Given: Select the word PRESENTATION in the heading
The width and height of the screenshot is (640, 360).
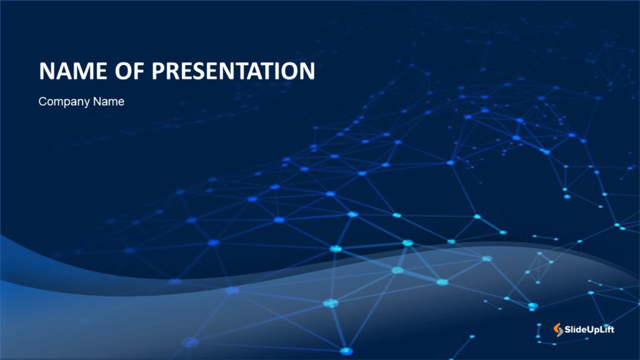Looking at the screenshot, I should (234, 71).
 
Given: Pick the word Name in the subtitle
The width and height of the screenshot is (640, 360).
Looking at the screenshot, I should (109, 101).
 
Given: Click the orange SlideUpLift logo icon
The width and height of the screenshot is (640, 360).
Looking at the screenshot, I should (558, 329).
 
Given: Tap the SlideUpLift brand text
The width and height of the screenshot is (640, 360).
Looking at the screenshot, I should (590, 329).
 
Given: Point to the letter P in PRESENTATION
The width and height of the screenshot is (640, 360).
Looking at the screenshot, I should (159, 71).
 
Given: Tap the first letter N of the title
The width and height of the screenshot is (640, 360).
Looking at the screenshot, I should (47, 71).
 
